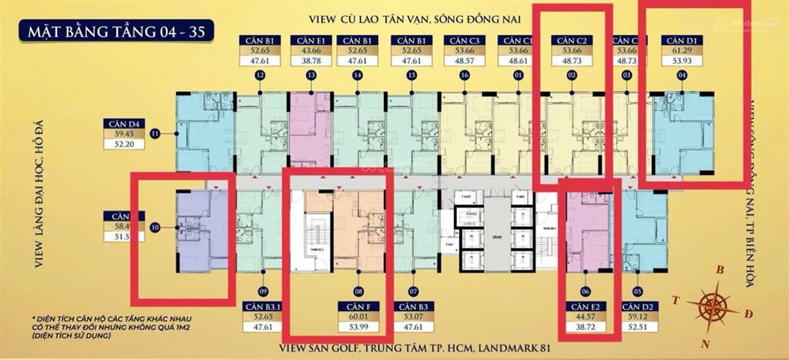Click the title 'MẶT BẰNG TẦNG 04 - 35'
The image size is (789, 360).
click(x=117, y=32)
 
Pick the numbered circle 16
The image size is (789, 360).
click(x=465, y=76)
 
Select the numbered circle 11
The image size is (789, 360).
click(x=155, y=134)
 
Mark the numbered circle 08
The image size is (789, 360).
click(x=358, y=291)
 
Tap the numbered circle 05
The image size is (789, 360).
click(x=637, y=291)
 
